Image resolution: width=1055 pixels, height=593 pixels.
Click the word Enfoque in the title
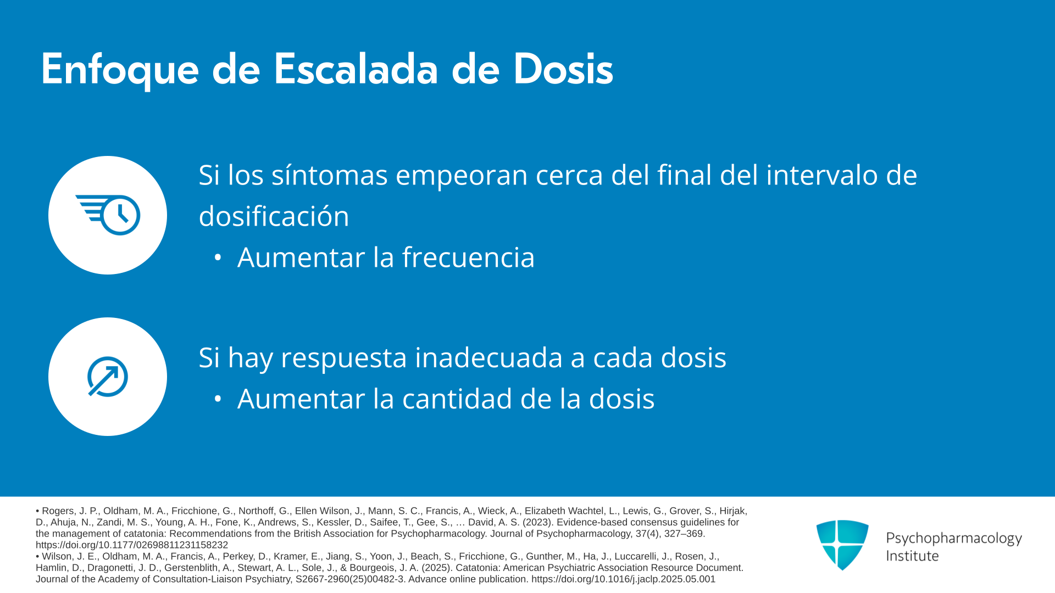tap(120, 70)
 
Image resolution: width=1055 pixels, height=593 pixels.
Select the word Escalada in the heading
tap(356, 69)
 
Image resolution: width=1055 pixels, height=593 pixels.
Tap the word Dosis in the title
tap(563, 69)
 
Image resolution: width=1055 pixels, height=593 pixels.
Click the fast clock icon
tap(108, 215)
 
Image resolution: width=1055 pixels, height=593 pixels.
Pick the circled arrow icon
tap(108, 377)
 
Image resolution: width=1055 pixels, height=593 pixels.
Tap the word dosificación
tap(274, 216)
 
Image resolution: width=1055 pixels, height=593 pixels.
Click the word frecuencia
tap(468, 258)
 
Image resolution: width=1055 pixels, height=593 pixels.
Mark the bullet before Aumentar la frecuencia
tap(218, 258)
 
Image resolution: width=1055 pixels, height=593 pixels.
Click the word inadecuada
tap(489, 357)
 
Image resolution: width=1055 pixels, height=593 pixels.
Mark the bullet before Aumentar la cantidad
tap(218, 399)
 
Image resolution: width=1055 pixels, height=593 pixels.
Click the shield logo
tap(842, 545)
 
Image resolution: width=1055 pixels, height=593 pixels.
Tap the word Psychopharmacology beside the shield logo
tap(954, 539)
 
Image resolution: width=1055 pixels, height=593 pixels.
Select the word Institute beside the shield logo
tap(912, 556)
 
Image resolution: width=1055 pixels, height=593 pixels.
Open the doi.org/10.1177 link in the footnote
tap(132, 545)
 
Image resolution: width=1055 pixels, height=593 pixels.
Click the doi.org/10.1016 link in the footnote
tap(623, 579)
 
